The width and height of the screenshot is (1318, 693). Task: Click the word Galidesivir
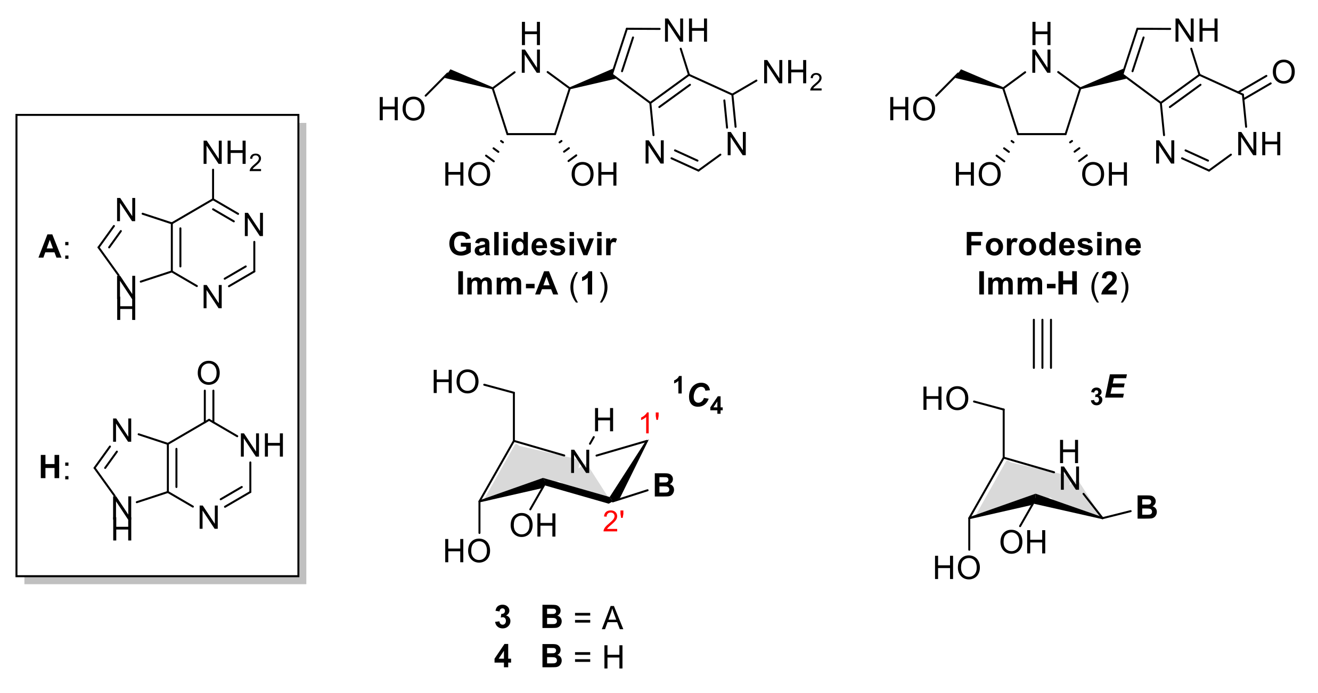532,245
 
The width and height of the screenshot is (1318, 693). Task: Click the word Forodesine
1053,245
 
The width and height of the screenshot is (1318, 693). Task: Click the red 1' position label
649,424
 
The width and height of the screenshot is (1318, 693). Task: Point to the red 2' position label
613,522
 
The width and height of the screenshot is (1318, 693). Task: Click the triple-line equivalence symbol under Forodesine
1042,344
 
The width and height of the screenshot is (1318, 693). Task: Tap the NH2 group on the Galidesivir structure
792,75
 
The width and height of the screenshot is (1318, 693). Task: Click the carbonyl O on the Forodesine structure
1283,72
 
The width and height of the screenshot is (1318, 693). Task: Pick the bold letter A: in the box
53,247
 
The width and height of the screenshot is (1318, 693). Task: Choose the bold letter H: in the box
54,468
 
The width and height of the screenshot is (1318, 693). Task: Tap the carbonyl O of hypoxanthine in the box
208,373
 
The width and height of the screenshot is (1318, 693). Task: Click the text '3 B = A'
559,618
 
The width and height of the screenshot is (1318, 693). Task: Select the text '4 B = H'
559,657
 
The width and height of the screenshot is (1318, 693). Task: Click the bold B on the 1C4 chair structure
664,486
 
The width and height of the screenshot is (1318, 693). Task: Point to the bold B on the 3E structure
1147,508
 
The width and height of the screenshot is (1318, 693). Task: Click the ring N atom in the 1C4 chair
580,461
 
